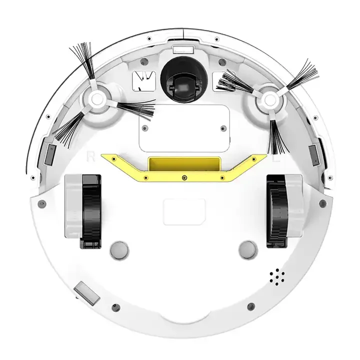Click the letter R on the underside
pyautogui.click(x=90, y=155)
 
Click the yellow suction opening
pyautogui.click(x=184, y=163)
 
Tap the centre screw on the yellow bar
pyautogui.click(x=184, y=177)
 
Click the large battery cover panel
pyautogui.click(x=183, y=128)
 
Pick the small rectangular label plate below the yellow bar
pyautogui.click(x=184, y=211)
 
